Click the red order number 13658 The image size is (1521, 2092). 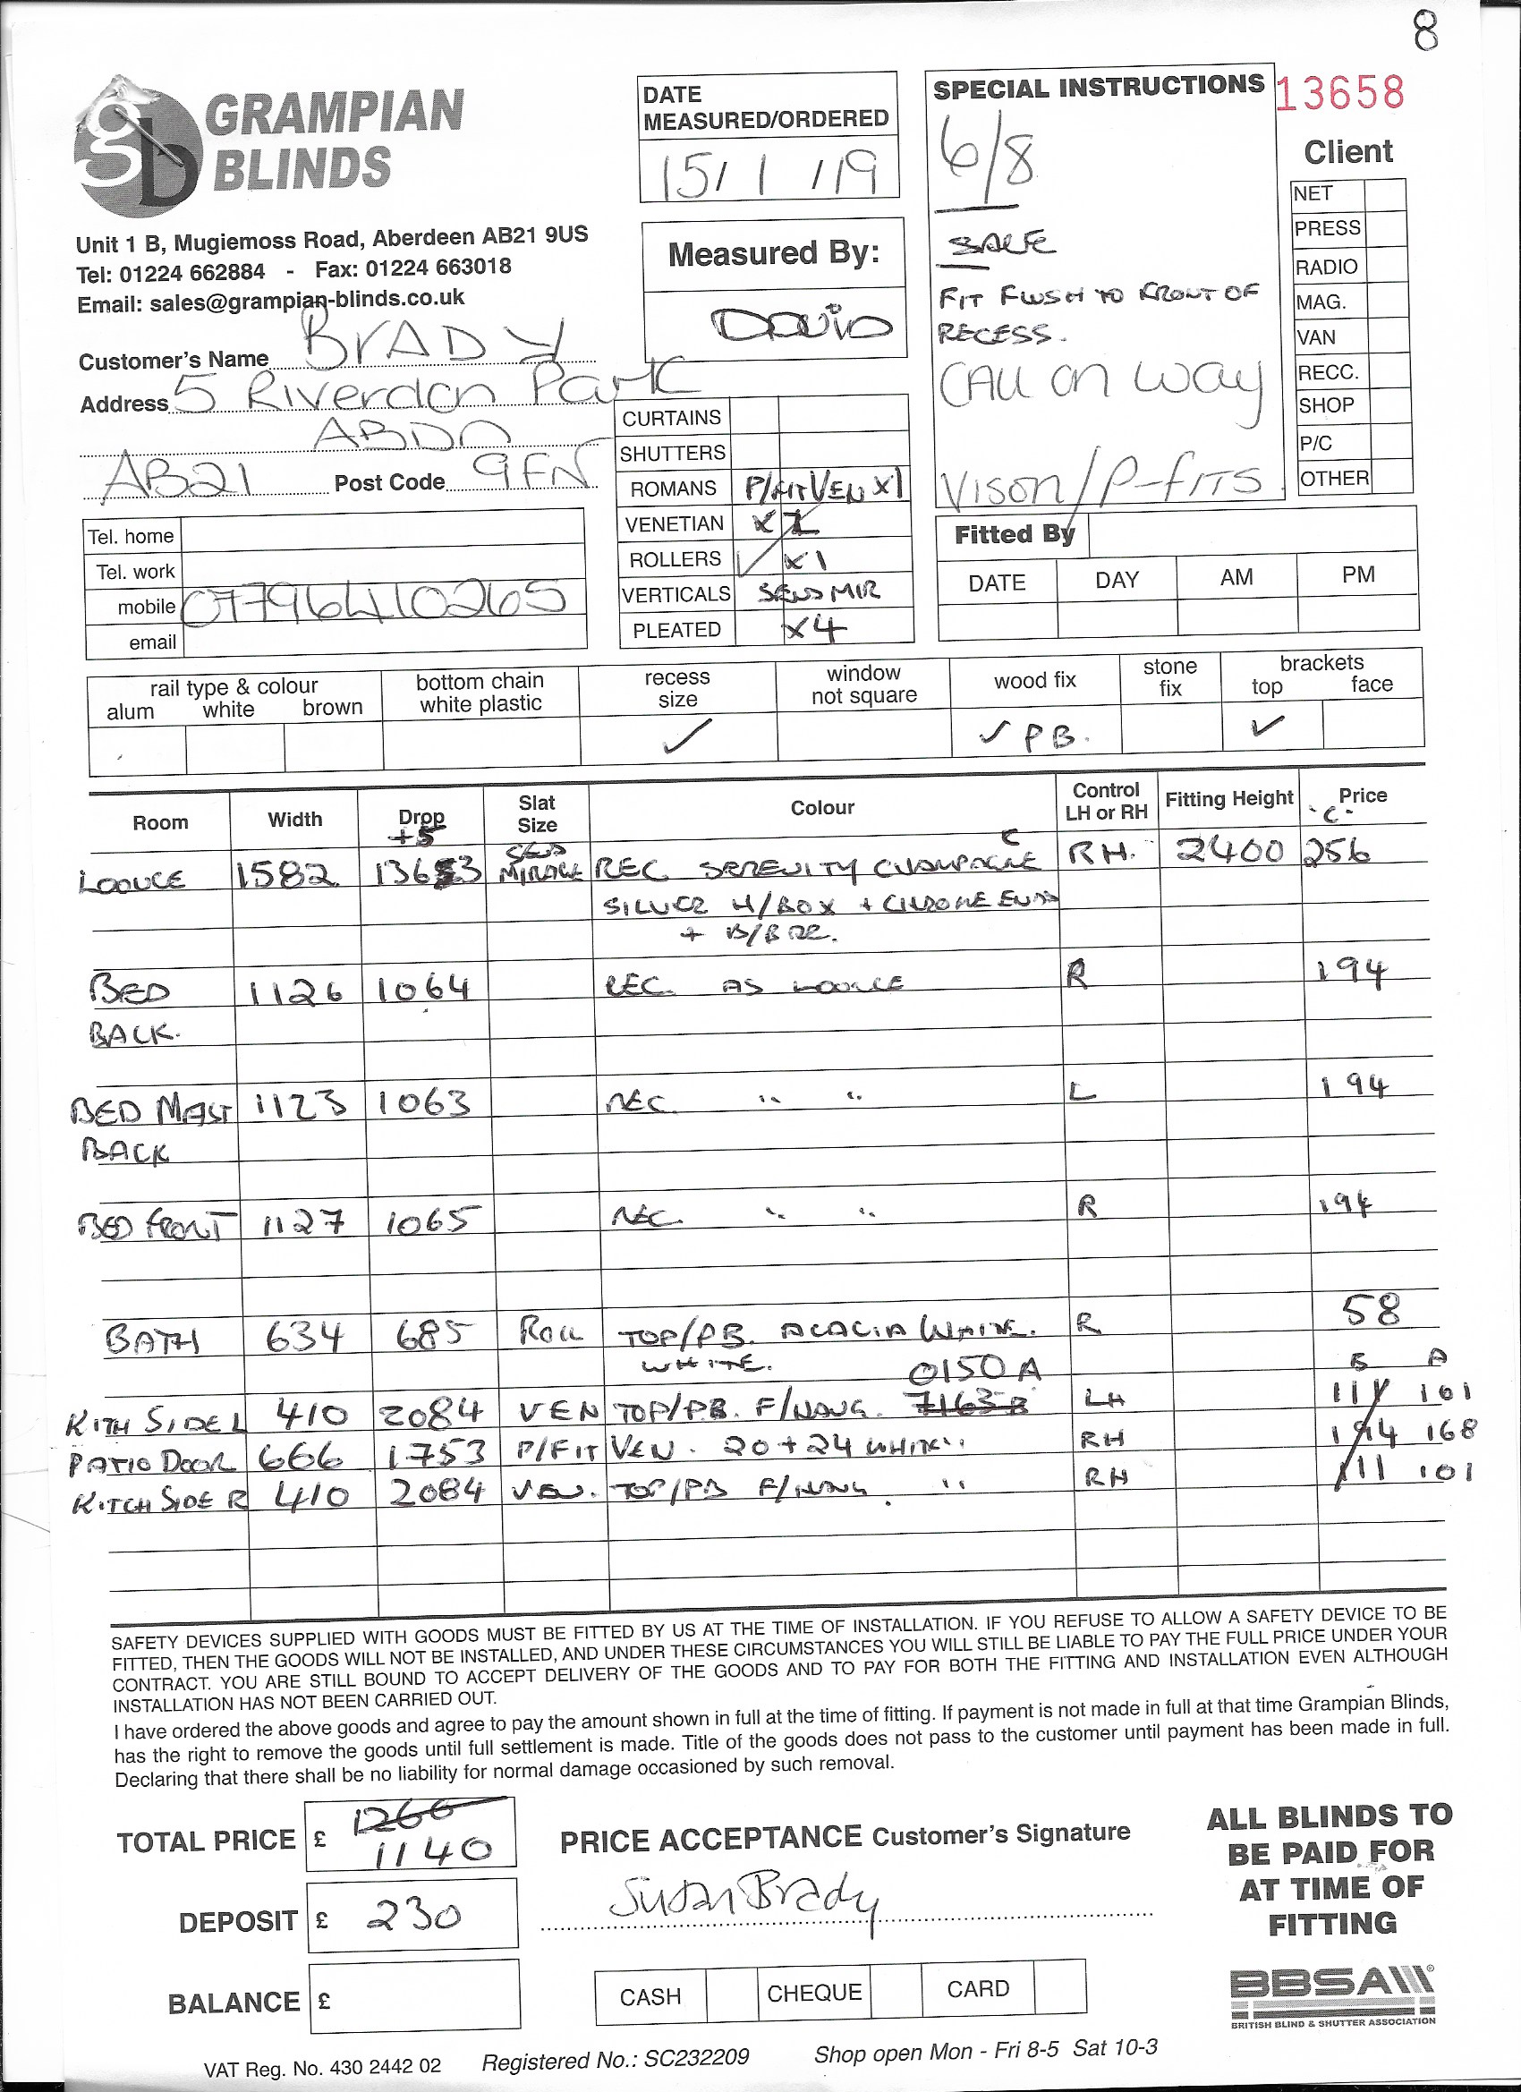[1341, 93]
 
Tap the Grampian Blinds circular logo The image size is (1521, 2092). [138, 149]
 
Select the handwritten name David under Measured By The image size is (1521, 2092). [802, 324]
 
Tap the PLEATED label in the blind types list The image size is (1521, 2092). [676, 630]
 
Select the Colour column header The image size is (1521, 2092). [822, 808]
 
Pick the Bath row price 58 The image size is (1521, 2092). [1372, 1311]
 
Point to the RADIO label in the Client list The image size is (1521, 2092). [1325, 268]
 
